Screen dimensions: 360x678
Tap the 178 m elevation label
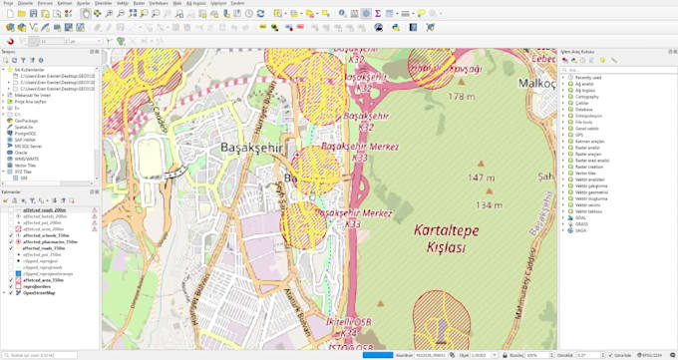click(461, 97)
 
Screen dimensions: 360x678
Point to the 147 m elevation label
click(482, 178)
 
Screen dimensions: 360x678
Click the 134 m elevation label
click(489, 204)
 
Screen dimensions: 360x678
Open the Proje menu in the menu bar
click(9, 4)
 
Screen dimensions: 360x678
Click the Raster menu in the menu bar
click(139, 4)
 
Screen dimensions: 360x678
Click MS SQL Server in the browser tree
click(29, 145)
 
